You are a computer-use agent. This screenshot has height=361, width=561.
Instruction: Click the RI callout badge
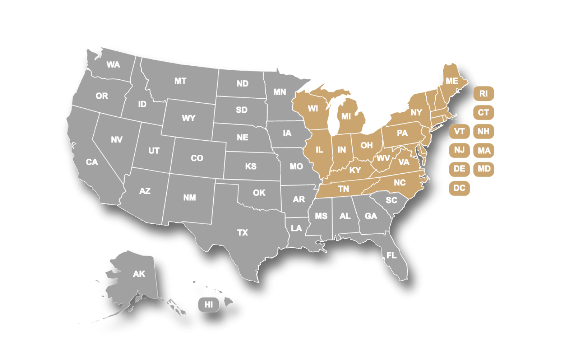tap(483, 93)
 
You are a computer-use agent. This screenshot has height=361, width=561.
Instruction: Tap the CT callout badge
tap(483, 112)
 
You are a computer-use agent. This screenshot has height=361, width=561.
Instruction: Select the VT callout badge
tap(459, 131)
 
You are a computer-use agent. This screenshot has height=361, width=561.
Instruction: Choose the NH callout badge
tap(483, 131)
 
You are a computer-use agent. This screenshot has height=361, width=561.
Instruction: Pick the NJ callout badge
tap(459, 150)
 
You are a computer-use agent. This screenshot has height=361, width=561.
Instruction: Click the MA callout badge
tap(484, 150)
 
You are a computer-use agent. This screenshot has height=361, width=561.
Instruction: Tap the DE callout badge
tap(459, 169)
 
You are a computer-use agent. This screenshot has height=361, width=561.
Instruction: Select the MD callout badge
tap(484, 169)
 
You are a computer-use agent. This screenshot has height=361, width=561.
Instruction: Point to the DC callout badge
tap(459, 188)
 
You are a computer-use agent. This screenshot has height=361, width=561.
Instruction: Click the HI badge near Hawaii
tap(209, 304)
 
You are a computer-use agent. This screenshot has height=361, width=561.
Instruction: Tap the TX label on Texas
tap(242, 233)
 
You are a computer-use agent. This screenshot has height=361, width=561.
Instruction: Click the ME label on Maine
tap(452, 81)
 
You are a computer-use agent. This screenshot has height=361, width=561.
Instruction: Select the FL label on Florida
tap(391, 256)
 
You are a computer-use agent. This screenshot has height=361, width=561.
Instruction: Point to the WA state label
tap(113, 65)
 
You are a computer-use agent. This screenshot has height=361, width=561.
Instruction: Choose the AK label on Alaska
tap(139, 274)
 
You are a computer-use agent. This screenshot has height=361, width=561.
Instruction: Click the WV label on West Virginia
tap(383, 158)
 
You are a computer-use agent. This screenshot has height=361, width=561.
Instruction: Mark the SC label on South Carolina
tap(391, 200)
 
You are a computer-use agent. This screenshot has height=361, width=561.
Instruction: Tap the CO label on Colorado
tap(197, 158)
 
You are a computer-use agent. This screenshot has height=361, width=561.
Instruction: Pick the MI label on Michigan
tap(346, 117)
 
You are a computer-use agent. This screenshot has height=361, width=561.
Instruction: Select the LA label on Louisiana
tap(296, 228)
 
